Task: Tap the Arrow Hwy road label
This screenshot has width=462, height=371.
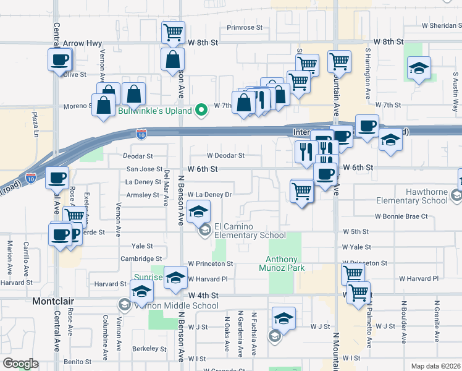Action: point(82,43)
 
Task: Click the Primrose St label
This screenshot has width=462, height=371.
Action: point(245,28)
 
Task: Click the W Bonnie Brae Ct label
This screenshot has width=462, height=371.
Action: point(401,216)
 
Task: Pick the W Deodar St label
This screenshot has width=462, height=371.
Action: point(225,156)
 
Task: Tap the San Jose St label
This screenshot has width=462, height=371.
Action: point(144,169)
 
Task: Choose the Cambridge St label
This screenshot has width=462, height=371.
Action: point(141,259)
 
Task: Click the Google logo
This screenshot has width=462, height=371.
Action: point(20,364)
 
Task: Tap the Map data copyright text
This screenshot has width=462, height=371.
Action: point(435,366)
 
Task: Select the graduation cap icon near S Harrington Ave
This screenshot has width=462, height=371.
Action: point(419,68)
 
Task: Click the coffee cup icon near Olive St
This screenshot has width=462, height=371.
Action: point(60,60)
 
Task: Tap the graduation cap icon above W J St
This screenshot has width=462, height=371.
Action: point(283,318)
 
